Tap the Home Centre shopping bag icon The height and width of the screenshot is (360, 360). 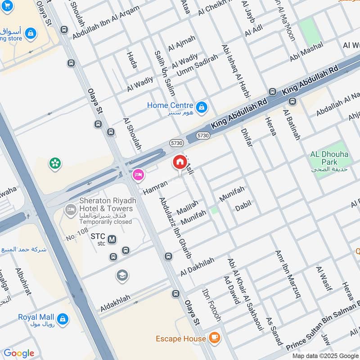202,107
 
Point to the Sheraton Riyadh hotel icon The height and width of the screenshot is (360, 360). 71,209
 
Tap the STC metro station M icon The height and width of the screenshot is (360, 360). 112,239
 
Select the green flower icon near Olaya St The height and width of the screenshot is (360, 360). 55,163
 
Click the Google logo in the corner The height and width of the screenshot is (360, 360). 18,353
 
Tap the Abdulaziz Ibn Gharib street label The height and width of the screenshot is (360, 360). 175,227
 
